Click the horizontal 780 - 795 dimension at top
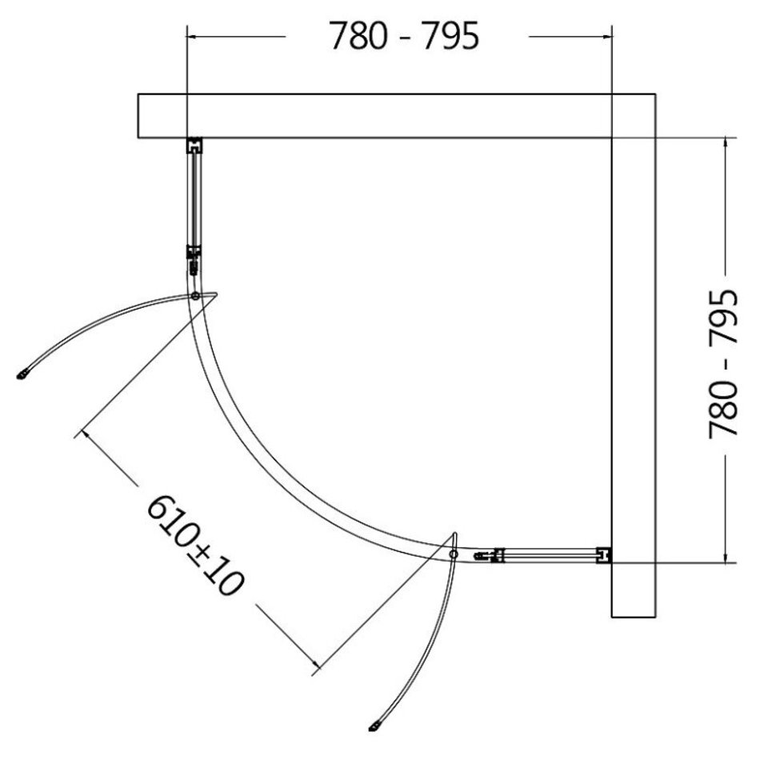[x=404, y=36]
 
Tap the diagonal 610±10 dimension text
[x=195, y=545]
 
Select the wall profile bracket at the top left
[x=194, y=146]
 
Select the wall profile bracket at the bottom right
[x=604, y=555]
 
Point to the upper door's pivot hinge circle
[x=195, y=296]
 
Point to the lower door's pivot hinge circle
[x=454, y=554]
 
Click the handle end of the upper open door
[x=22, y=374]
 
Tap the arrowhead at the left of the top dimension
[x=192, y=36]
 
